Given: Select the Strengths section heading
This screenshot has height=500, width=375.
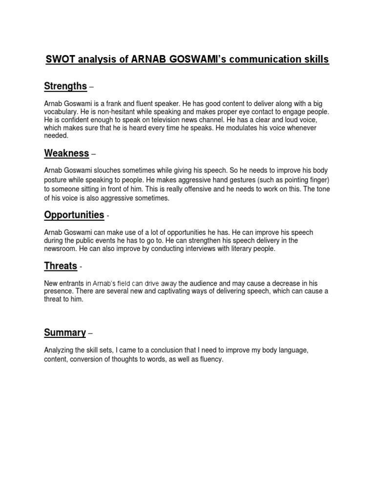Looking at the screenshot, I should point(65,86).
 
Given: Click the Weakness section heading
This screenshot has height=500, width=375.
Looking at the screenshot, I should point(66,153).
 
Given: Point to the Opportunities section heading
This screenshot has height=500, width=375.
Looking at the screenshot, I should point(74,215).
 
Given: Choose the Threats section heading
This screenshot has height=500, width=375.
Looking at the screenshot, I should point(61,266).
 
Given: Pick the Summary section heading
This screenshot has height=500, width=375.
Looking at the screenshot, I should point(64,333).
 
